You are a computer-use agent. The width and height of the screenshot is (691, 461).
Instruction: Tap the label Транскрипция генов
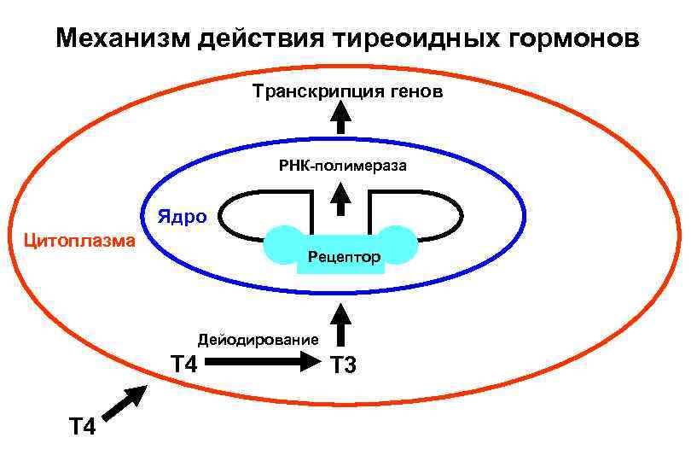[347, 91]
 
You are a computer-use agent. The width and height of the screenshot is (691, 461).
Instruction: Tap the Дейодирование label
[258, 338]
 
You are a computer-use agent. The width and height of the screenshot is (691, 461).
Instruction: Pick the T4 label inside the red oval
[183, 365]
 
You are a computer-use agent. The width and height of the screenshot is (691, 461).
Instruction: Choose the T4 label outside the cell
[82, 424]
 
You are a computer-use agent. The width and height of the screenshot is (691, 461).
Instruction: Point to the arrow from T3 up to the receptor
[341, 322]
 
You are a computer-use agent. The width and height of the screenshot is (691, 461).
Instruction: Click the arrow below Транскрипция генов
[341, 117]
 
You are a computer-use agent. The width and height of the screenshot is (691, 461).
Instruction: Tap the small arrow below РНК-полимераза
[341, 200]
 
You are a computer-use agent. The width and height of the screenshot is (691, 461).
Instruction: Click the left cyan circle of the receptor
[283, 245]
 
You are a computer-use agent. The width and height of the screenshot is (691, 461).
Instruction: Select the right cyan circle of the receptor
[398, 245]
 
